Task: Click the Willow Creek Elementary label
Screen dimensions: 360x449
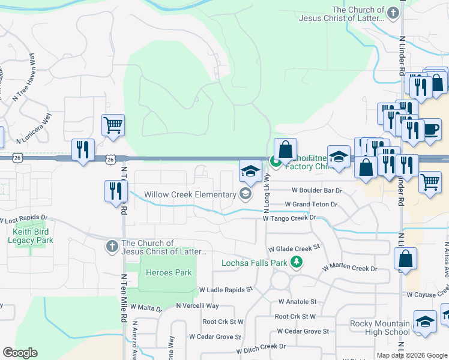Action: (190, 194)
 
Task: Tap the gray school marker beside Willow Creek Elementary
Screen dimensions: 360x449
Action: (245, 193)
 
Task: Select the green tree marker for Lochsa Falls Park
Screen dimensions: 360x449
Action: (296, 262)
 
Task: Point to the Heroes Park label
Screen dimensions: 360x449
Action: (169, 273)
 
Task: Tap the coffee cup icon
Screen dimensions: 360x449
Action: (431, 129)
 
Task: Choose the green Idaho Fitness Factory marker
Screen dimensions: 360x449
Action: (276, 161)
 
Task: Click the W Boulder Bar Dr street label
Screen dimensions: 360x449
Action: (316, 190)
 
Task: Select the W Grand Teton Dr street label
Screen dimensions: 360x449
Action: (311, 205)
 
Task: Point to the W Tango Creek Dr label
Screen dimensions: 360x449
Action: (289, 218)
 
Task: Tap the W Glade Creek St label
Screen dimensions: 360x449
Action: (294, 248)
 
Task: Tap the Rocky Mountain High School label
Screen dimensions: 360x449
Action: (380, 328)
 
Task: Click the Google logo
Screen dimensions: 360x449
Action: (20, 353)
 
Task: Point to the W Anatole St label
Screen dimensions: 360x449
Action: (297, 302)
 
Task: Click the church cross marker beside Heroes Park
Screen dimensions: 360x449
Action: (112, 246)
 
